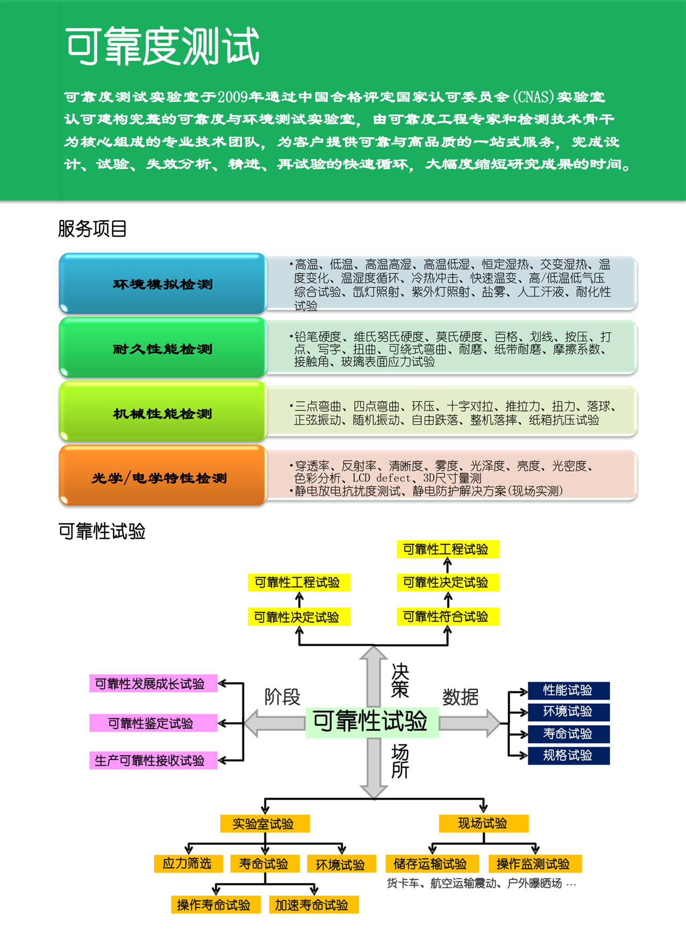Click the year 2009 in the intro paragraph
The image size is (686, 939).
[x=233, y=97]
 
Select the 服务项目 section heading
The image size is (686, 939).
[x=92, y=229]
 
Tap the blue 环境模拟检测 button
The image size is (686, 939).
[x=162, y=284]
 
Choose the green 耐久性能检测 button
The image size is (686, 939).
[x=162, y=349]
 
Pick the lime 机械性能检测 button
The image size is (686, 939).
[x=162, y=413]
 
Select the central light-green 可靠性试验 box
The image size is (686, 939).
[x=371, y=721]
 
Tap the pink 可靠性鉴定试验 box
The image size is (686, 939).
[x=153, y=723]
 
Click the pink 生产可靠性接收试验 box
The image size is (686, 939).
[x=153, y=761]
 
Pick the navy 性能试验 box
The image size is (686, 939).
[x=568, y=690]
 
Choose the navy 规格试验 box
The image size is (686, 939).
[x=568, y=756]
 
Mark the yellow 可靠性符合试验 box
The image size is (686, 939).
[x=447, y=616]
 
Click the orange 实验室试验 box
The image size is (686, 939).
[x=265, y=824]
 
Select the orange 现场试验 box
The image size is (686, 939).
[x=483, y=823]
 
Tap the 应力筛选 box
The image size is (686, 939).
[x=188, y=863]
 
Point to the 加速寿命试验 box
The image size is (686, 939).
[x=312, y=905]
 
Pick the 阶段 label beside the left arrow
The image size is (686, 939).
[x=282, y=697]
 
